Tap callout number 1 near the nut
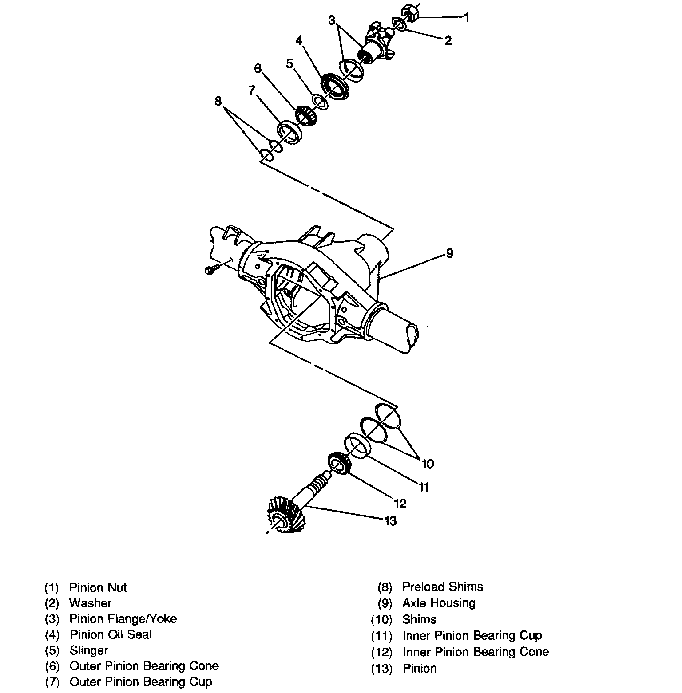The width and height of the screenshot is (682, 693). tap(466, 17)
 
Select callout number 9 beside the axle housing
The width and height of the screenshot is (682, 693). tap(449, 253)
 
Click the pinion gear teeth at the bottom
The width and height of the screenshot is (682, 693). tap(285, 515)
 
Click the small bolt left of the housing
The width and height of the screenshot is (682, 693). tap(210, 270)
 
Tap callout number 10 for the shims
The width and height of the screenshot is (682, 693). tap(427, 464)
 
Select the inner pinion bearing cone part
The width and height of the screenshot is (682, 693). tap(340, 464)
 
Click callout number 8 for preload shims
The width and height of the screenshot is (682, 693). tap(218, 101)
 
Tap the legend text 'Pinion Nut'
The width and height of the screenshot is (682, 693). tap(98, 588)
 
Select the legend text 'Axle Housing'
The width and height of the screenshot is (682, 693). tap(439, 603)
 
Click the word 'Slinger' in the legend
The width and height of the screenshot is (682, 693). tap(89, 650)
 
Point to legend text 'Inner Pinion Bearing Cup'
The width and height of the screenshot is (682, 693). tap(472, 636)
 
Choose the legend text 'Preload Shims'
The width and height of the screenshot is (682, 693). tap(442, 587)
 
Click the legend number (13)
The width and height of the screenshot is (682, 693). tap(382, 669)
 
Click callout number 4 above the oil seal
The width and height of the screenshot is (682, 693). tap(299, 41)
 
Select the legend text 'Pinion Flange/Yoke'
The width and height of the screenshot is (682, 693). tap(123, 619)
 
